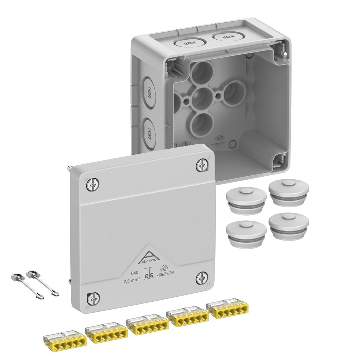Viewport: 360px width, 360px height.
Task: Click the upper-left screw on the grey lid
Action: tap(93, 185)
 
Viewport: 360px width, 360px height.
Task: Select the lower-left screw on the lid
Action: tap(92, 298)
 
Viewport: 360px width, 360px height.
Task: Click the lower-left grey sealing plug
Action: tap(246, 233)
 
